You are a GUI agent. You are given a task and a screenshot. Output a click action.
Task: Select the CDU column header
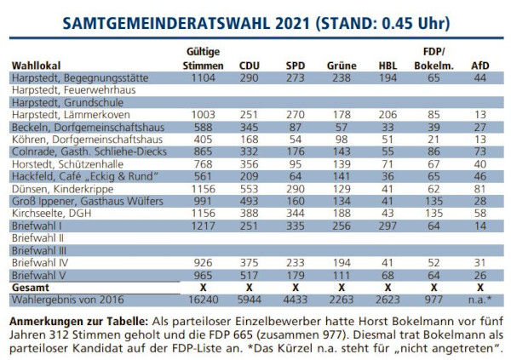[x=250, y=65]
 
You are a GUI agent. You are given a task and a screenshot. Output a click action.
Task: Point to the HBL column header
[x=388, y=65]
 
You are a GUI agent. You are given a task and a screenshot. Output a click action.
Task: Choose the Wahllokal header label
[x=37, y=65]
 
